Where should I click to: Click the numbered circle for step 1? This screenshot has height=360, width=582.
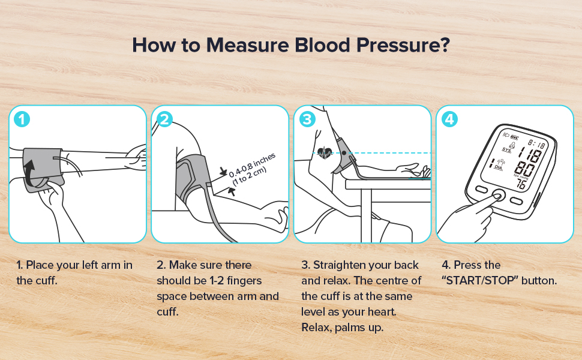(x=22, y=119)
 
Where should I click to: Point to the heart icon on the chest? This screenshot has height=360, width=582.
(x=326, y=152)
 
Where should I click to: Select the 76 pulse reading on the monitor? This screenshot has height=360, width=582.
(x=523, y=185)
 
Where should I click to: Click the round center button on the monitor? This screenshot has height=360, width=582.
(x=497, y=196)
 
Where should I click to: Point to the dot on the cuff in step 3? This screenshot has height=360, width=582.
(x=344, y=152)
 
